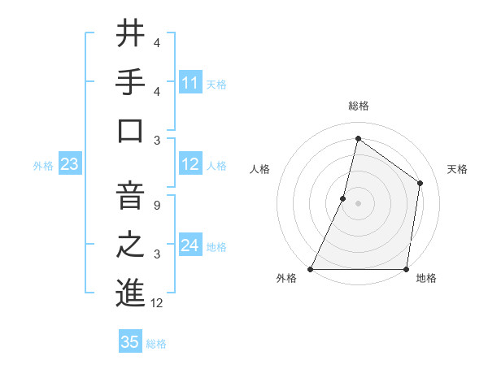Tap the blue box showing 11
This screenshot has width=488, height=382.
(x=190, y=82)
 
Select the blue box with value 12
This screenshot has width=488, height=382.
(x=190, y=165)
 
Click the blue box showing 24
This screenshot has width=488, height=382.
(x=190, y=245)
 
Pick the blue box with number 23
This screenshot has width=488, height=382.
(x=69, y=165)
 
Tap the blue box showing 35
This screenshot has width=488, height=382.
(x=130, y=342)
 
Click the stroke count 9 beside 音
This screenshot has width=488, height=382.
(x=156, y=205)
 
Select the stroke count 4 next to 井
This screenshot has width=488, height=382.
(x=156, y=42)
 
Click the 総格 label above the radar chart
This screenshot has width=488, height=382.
(x=358, y=106)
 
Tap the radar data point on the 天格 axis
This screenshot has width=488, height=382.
(x=420, y=183)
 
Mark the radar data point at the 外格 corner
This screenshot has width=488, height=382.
(x=311, y=269)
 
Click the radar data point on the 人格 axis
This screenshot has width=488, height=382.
(x=343, y=198)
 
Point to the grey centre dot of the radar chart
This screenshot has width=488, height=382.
(x=358, y=203)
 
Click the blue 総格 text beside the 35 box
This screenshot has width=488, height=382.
(x=156, y=344)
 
